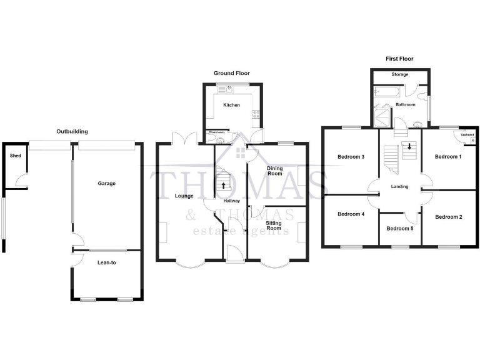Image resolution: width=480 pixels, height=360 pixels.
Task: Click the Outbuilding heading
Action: (x=72, y=132)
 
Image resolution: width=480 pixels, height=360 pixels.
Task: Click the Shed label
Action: (x=15, y=156)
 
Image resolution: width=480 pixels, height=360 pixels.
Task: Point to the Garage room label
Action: (x=107, y=184)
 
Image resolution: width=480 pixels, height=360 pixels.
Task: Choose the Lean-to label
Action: (x=106, y=262)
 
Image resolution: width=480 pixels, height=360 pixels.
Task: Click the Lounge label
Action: (x=184, y=196)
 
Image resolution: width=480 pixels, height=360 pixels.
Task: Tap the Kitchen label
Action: (x=231, y=105)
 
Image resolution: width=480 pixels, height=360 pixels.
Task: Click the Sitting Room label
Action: (x=274, y=225)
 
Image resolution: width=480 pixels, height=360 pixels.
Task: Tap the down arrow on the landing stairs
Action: (x=409, y=147)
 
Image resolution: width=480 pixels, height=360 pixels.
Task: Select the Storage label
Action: (x=400, y=75)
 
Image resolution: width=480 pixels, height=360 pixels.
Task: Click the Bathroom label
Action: (x=405, y=104)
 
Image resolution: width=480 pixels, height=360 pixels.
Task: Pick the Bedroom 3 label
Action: (x=351, y=157)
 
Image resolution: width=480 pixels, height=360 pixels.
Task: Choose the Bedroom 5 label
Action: (x=400, y=228)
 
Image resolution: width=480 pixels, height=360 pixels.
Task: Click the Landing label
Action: (x=399, y=186)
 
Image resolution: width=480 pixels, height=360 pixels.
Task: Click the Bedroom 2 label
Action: (x=448, y=217)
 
